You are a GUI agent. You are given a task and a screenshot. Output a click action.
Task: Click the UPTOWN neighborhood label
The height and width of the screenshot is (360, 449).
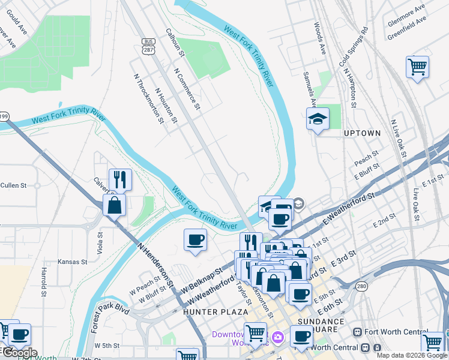click(362, 133)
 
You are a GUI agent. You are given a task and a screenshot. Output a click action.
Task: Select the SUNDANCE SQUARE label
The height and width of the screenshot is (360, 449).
click(321, 326)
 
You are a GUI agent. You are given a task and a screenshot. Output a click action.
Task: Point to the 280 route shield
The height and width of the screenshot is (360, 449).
click(361, 303)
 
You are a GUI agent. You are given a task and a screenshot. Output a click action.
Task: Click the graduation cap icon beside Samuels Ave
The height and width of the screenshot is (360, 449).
click(318, 119)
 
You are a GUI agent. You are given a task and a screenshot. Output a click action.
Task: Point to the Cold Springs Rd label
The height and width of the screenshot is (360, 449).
click(352, 47)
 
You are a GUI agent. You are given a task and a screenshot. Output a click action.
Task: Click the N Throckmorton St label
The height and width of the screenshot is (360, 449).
click(148, 98)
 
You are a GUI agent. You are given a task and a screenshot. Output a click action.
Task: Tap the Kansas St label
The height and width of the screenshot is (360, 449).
click(72, 262)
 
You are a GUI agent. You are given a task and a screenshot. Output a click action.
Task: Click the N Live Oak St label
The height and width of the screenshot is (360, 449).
click(398, 139)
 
